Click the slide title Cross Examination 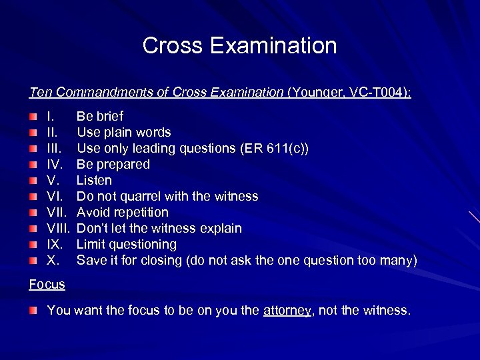click(x=239, y=46)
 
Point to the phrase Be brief click(x=100, y=116)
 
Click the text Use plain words click(x=123, y=132)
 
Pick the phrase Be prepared click(x=113, y=164)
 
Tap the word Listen click(x=94, y=180)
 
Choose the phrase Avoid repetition click(x=123, y=212)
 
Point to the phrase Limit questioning click(x=127, y=244)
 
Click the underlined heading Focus click(x=47, y=284)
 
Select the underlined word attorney click(x=287, y=311)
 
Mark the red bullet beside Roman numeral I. click(x=33, y=117)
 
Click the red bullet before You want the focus click(x=33, y=311)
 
